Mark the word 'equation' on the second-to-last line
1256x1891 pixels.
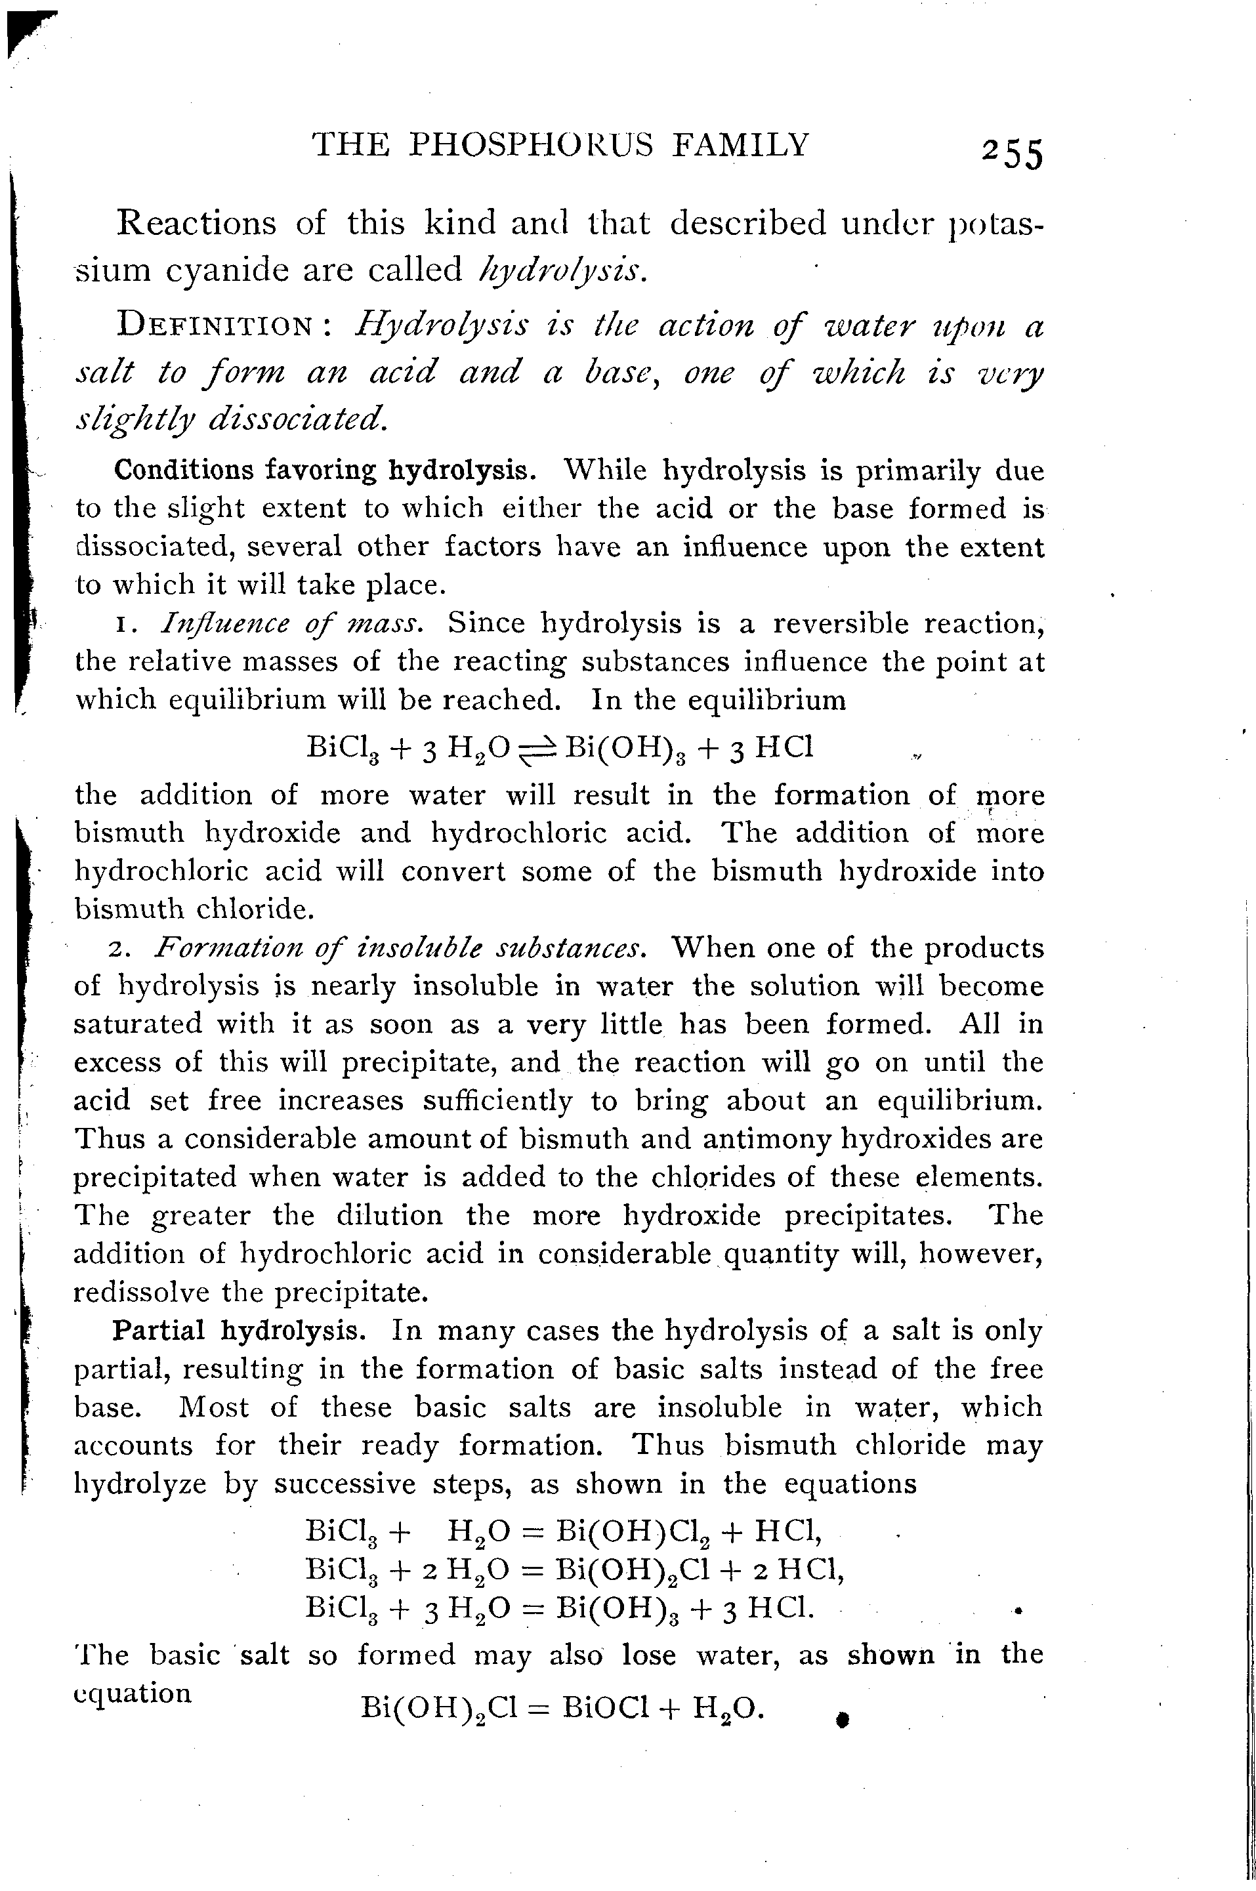[x=133, y=1692]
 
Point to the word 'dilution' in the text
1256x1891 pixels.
[x=388, y=1215]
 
